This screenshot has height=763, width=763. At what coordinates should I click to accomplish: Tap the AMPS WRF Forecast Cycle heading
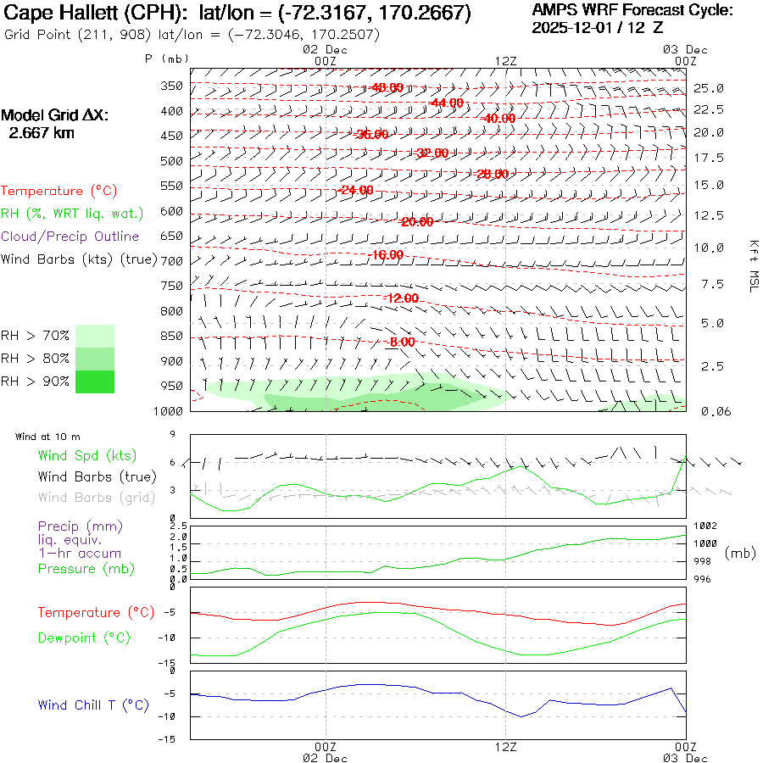coord(632,10)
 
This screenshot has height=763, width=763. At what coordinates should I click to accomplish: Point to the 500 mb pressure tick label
coord(172,160)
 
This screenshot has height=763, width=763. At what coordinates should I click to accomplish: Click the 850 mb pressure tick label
coord(172,337)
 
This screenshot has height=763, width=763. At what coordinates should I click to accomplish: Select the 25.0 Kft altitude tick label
coord(708,88)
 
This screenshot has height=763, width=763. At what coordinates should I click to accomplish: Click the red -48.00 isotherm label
coord(387,87)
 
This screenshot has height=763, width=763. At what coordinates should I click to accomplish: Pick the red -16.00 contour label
coord(387,254)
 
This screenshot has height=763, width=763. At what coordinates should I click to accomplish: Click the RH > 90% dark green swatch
coord(95,381)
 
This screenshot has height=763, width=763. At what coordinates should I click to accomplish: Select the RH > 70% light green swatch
coord(95,336)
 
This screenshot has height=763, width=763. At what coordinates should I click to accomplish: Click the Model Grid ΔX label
coord(55,116)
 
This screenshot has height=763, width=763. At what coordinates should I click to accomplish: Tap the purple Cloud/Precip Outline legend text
coord(70,237)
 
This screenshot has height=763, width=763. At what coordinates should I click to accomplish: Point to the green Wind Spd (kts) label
coord(87,456)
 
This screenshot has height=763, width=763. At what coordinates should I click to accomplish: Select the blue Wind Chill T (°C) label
coord(93,705)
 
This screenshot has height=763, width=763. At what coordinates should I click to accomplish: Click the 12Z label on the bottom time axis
coord(505,747)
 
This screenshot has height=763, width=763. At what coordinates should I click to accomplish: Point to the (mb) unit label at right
coord(739,553)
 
